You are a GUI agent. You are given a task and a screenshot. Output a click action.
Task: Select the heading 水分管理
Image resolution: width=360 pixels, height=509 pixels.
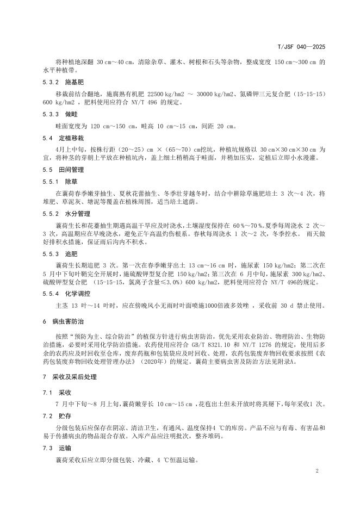pos(76,214)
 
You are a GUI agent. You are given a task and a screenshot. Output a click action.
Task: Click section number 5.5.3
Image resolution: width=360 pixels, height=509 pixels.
pos(39,253)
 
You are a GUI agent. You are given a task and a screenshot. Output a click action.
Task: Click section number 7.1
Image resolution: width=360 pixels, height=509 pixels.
pos(34,392)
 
